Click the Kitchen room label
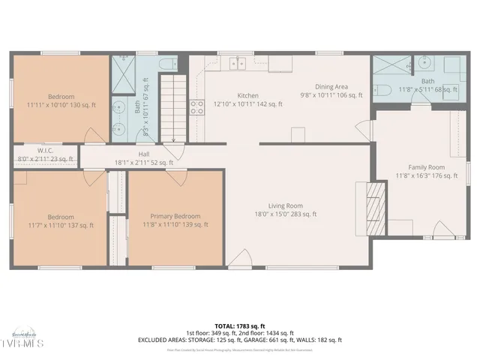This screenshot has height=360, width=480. (x=248, y=96)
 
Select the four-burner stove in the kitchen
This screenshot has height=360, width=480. (x=197, y=107)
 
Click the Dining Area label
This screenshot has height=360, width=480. (x=331, y=86)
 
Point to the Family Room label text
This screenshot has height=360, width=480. (x=426, y=167)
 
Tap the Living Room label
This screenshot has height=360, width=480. (x=286, y=205)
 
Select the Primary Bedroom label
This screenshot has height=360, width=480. (x=175, y=216)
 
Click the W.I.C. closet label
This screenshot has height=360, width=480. (x=45, y=150)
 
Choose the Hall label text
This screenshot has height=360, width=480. (x=143, y=154)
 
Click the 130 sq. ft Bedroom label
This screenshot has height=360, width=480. (x=61, y=97)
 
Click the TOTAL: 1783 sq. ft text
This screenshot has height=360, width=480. (x=239, y=326)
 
